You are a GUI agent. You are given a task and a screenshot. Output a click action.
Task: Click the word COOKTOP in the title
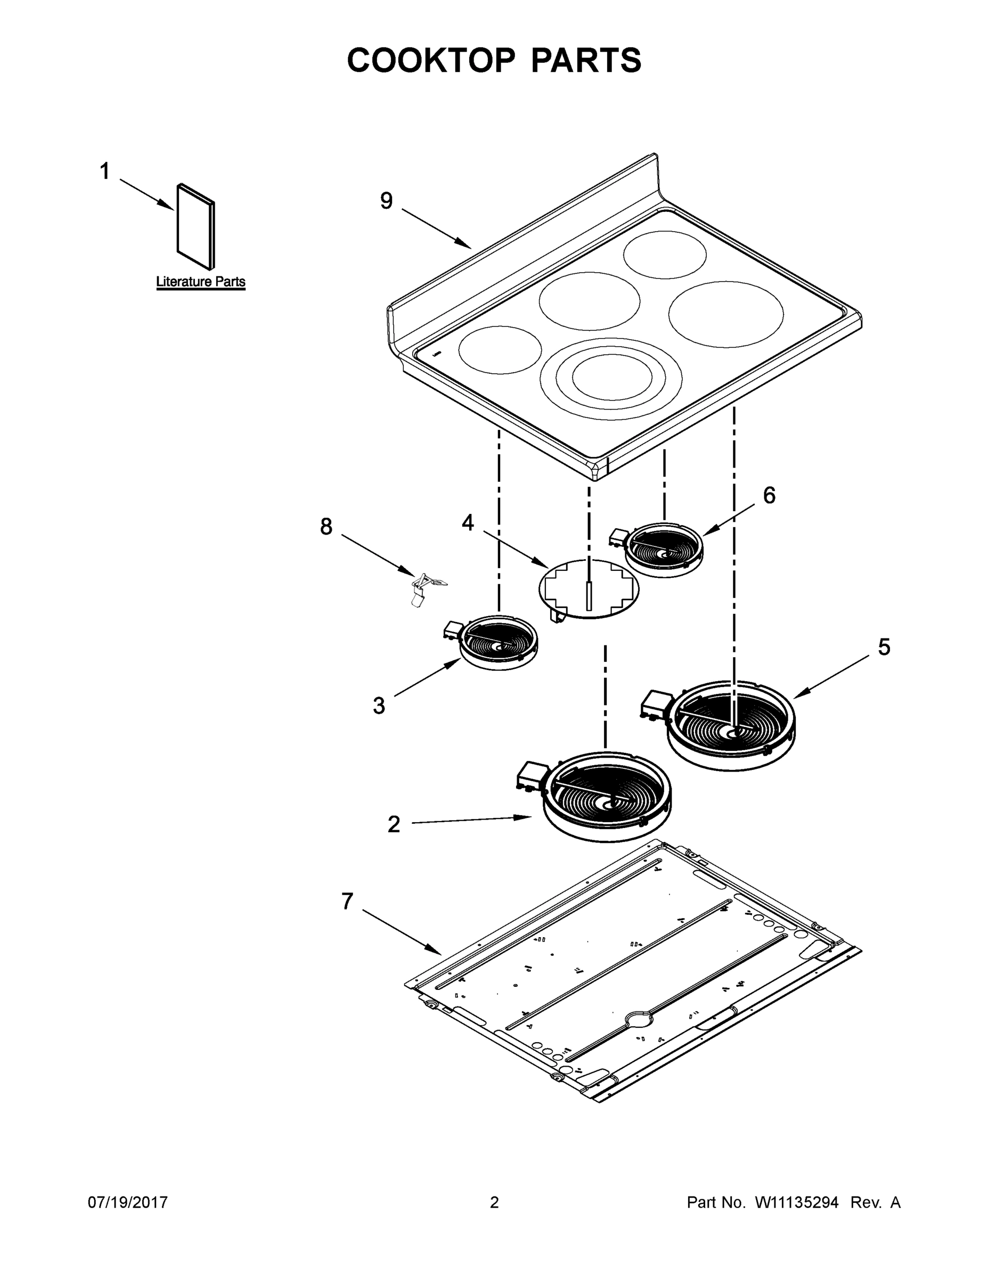431,60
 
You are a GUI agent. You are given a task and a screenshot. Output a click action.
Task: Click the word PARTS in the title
586,60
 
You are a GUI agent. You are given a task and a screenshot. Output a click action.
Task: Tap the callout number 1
105,171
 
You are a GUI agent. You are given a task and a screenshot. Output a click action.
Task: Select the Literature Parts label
201,282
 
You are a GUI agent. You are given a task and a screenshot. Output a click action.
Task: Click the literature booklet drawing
195,226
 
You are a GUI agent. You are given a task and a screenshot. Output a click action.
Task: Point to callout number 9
386,201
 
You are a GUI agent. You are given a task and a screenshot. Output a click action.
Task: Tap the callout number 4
468,522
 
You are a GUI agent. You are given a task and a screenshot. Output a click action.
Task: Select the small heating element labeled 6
663,550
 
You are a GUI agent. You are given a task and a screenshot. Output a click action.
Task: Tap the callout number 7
347,901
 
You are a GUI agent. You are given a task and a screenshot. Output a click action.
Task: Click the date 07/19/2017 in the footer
128,1202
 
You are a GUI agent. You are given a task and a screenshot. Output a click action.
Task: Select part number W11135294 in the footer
797,1202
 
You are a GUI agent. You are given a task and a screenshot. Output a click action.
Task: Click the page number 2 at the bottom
494,1202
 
